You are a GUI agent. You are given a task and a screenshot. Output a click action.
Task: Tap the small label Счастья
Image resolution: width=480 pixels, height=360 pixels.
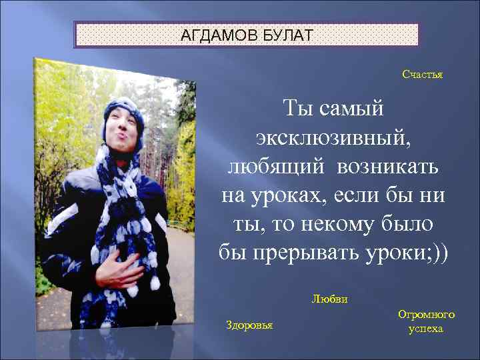tap(422, 75)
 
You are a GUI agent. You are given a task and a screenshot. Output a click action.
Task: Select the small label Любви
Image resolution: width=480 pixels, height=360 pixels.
tap(329, 299)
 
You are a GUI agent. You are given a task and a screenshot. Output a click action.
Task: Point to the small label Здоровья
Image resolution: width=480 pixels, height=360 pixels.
tap(249, 325)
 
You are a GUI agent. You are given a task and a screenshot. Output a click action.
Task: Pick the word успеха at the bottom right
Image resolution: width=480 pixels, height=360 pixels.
tap(426, 329)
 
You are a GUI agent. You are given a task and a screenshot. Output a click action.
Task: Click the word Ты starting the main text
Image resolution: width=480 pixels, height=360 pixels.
tap(297, 108)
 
